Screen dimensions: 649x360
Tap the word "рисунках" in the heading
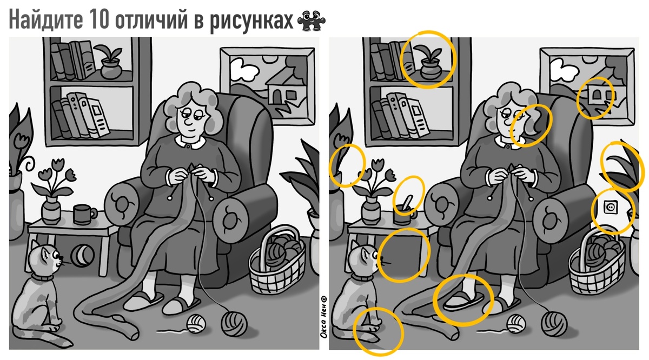(251, 21)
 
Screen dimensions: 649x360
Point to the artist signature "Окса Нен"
(323, 317)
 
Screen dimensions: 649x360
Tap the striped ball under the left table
(82, 256)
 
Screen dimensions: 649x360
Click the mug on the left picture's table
(84, 214)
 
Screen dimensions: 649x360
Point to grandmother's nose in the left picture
(188, 123)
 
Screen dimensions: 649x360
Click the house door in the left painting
(277, 96)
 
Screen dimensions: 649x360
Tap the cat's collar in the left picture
(42, 277)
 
